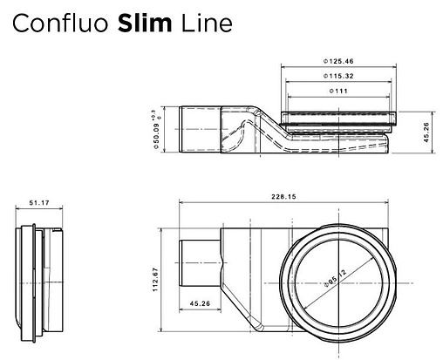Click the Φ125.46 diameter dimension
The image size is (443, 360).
336,63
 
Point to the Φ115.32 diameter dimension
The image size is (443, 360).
336,77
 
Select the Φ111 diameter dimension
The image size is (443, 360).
336,91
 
